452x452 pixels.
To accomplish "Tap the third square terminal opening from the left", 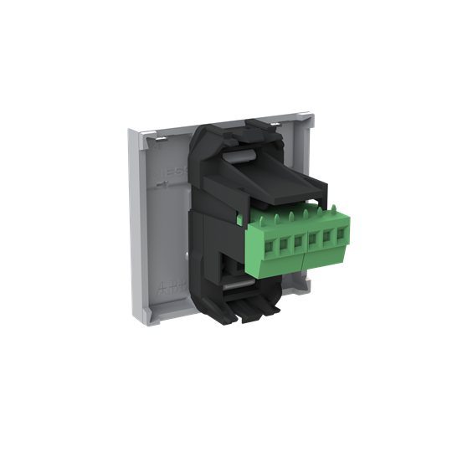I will [297, 241].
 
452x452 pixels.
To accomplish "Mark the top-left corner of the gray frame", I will [134, 126].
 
